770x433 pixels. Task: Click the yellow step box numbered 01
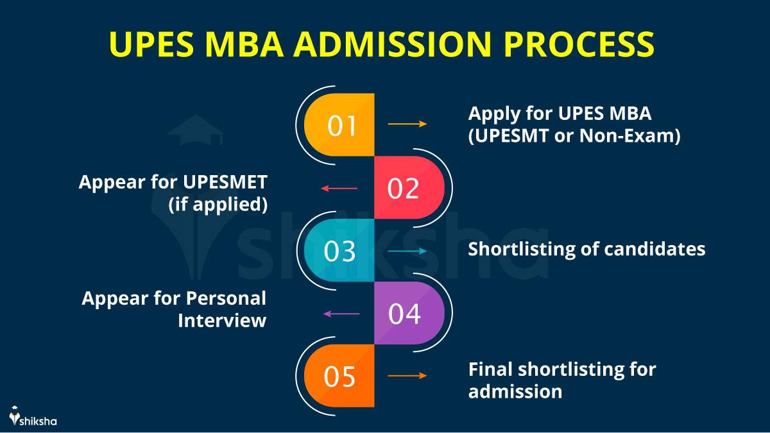340,124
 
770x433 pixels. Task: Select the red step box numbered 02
408,188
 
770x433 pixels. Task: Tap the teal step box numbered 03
340,251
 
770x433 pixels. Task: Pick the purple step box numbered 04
408,314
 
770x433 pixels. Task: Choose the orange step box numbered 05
340,376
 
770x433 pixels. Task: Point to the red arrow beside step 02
339,188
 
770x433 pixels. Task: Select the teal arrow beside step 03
407,251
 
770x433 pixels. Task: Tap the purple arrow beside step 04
341,314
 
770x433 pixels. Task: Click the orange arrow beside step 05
407,376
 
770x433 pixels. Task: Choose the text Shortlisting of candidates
586,249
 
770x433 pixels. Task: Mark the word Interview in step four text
222,320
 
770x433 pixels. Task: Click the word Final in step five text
490,369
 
